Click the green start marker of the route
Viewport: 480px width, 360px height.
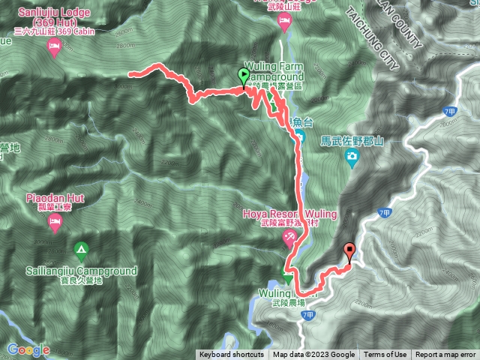click(244, 75)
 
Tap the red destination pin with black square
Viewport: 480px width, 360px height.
click(349, 251)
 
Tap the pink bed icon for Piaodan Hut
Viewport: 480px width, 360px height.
click(53, 221)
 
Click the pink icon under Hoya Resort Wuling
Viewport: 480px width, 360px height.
click(289, 238)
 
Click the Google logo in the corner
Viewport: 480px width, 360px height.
click(28, 350)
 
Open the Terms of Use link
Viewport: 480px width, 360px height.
click(385, 355)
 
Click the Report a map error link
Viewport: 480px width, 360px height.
click(445, 355)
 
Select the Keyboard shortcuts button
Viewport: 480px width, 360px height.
click(231, 355)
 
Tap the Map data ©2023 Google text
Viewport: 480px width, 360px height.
click(313, 355)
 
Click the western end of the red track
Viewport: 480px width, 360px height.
click(130, 73)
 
